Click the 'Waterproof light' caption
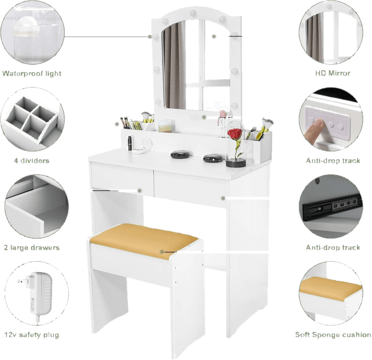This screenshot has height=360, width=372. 32,74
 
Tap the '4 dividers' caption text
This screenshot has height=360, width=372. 32,161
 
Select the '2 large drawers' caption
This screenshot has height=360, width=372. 32,247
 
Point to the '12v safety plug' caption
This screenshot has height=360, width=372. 32,335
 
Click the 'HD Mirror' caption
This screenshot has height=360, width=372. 333,74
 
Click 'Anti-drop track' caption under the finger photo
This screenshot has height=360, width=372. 333,161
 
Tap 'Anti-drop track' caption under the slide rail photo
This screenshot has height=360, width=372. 333,247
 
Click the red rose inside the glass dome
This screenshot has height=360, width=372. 234,135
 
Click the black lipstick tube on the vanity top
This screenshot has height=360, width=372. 130,142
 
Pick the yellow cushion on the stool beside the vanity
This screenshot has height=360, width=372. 144,239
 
